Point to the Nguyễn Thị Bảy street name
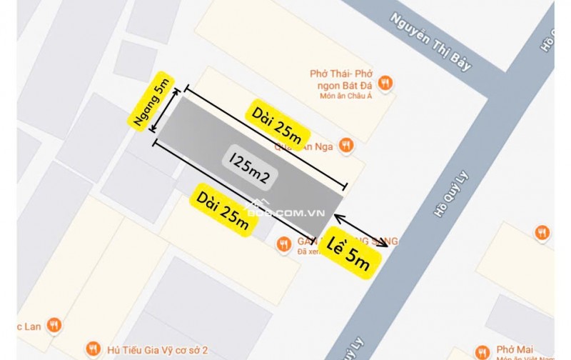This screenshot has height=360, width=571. click(432, 44)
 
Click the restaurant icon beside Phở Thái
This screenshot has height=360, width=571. click(385, 82)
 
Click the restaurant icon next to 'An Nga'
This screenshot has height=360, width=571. click(346, 144)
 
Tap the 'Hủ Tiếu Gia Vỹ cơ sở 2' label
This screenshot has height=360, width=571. click(156, 349)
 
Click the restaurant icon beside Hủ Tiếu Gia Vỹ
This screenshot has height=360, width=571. click(93, 349)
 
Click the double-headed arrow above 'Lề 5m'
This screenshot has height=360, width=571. click(360, 230)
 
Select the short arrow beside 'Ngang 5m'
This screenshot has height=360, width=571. click(169, 115)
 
